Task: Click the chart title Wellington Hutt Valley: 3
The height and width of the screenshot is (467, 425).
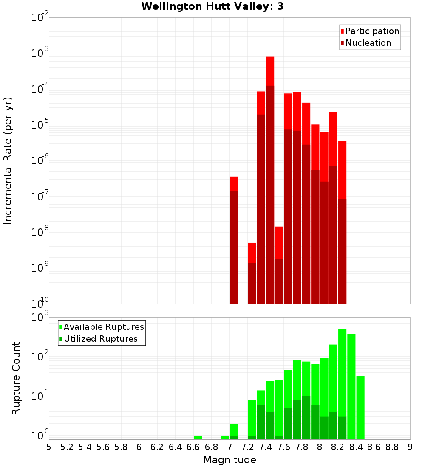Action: tap(212, 6)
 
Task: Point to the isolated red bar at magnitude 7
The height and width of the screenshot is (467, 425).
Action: tap(234, 238)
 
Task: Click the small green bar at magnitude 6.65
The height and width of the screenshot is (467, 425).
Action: tap(198, 437)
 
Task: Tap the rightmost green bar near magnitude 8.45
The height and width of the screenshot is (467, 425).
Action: tap(360, 408)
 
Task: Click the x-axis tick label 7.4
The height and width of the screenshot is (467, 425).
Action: tap(266, 447)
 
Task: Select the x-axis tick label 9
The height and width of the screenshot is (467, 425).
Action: tap(410, 447)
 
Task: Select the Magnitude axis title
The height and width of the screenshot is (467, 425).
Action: tap(229, 460)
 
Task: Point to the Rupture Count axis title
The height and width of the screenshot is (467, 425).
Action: tap(16, 378)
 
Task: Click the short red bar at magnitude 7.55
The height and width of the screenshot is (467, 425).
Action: tap(279, 265)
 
